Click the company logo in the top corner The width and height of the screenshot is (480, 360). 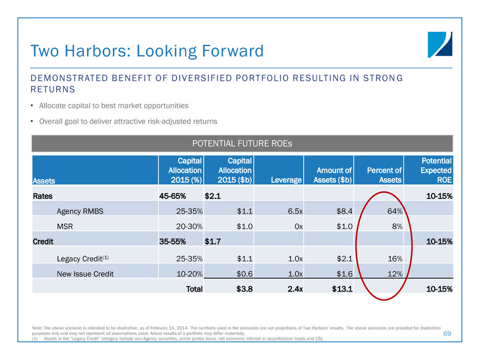click(x=440, y=44)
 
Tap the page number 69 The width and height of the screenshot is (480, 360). click(x=448, y=333)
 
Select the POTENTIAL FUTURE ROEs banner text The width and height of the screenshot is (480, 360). click(x=242, y=143)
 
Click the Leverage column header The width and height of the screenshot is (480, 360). click(x=288, y=180)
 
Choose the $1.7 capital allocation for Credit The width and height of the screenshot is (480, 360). click(x=213, y=239)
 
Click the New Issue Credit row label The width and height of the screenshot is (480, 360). click(x=85, y=273)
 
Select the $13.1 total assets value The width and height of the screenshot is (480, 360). click(x=341, y=289)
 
